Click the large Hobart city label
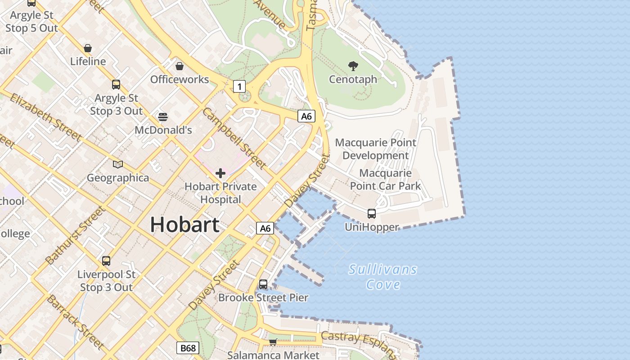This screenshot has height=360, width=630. pyautogui.click(x=184, y=224)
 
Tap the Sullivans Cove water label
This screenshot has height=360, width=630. pyautogui.click(x=383, y=277)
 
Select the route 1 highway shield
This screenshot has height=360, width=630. pyautogui.click(x=239, y=86)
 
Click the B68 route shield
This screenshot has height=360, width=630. pyautogui.click(x=187, y=348)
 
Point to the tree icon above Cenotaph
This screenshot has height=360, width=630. pyautogui.click(x=353, y=66)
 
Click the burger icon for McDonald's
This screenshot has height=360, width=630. pyautogui.click(x=163, y=117)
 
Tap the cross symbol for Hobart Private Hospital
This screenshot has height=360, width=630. pyautogui.click(x=220, y=173)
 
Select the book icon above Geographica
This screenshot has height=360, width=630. pyautogui.click(x=118, y=165)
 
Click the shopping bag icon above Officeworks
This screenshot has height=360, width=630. pyautogui.click(x=180, y=66)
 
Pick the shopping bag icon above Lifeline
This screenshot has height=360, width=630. pyautogui.click(x=88, y=48)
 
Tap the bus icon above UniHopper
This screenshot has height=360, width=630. pyautogui.click(x=372, y=214)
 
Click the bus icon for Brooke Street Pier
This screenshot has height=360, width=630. pyautogui.click(x=263, y=284)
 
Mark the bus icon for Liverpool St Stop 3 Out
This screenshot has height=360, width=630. pyautogui.click(x=106, y=261)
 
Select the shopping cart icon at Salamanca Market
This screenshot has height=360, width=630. pyautogui.click(x=273, y=342)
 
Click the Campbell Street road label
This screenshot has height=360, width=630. pyautogui.click(x=234, y=138)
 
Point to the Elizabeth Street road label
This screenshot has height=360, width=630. pyautogui.click(x=45, y=117)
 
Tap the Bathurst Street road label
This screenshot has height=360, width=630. pyautogui.click(x=76, y=235)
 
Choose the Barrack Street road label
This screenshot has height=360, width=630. pyautogui.click(x=75, y=322)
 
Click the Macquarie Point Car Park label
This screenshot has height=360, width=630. pyautogui.click(x=385, y=180)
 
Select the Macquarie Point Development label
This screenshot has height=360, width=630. pyautogui.click(x=376, y=149)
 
